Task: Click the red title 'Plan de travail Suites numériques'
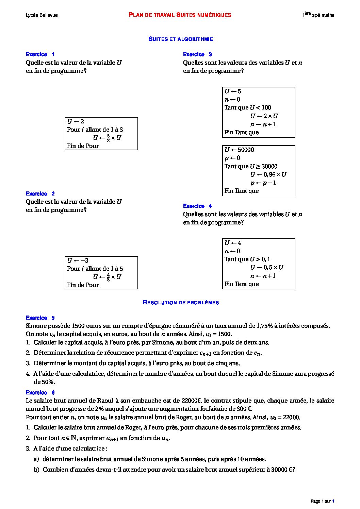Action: click(180, 15)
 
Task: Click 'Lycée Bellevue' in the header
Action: click(42, 15)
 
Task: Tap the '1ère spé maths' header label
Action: click(318, 15)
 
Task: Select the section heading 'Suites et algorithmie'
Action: click(181, 39)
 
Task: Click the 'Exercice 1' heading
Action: click(40, 54)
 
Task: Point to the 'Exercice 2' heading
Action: click(40, 194)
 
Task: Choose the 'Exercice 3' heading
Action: click(197, 54)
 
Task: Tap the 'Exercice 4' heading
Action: click(197, 206)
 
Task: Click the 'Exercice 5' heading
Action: click(40, 318)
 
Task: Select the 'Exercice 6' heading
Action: click(40, 393)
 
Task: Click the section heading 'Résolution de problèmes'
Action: click(181, 303)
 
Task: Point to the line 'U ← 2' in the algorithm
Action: click(76, 121)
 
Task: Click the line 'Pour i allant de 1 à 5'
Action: click(95, 269)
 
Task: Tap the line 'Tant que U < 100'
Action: click(248, 108)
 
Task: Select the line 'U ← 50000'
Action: click(239, 150)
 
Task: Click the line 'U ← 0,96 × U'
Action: click(268, 175)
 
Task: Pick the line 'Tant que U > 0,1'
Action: click(247, 259)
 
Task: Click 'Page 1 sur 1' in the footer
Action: click(322, 501)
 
